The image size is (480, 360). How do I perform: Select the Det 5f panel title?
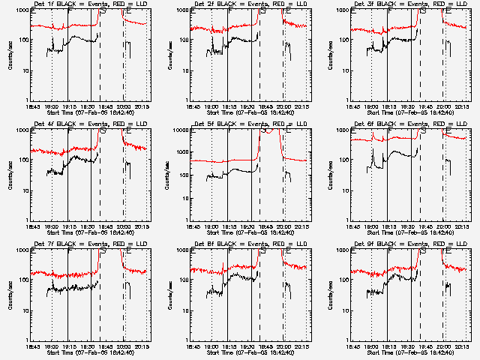pos(250,124)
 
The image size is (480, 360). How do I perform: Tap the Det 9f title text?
pos(409,244)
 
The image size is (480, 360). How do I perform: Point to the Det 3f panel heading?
pos(409,4)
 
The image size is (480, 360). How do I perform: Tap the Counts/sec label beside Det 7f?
pos(9,294)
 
